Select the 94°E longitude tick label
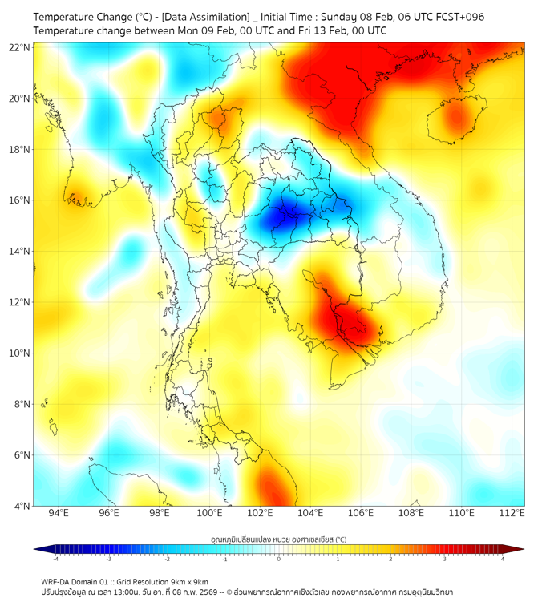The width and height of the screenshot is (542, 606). point(59,513)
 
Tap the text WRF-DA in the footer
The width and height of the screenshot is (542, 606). point(57,581)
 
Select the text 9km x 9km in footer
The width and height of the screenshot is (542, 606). point(187,581)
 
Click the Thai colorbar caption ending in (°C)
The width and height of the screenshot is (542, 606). point(278,539)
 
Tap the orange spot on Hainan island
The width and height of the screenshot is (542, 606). point(456,119)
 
